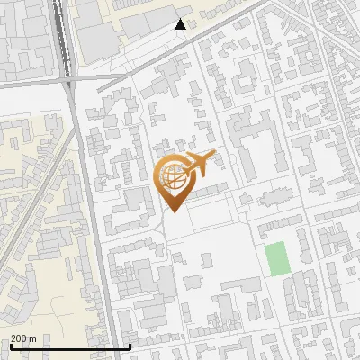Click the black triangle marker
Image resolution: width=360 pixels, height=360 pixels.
(181, 25)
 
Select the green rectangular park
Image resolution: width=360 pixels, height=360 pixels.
(276, 259)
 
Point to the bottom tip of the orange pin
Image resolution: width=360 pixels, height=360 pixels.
(173, 212)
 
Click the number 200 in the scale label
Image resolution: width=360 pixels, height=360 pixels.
(19, 338)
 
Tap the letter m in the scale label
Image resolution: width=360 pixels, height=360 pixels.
(32, 338)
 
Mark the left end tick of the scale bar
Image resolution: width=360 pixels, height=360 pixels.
(10, 346)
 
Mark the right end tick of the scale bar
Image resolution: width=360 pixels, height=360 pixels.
(130, 346)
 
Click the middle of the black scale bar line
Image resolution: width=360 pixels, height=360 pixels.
(70, 347)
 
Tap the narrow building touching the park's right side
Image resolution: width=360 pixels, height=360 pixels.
(292, 261)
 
